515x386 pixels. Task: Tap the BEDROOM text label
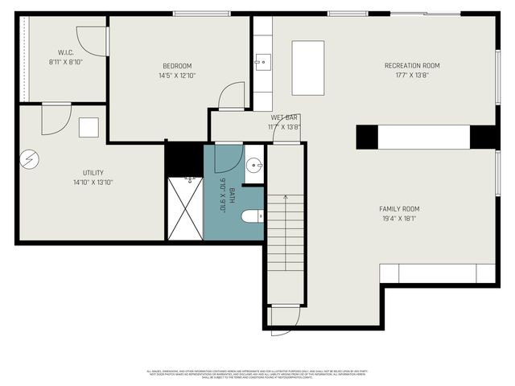[177, 66]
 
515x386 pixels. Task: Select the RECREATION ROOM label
[412, 66]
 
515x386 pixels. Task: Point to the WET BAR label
[284, 117]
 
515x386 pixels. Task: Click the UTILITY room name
[93, 173]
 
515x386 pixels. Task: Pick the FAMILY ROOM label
[399, 209]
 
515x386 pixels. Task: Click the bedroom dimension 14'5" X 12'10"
[177, 76]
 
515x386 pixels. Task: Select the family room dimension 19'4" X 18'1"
[399, 219]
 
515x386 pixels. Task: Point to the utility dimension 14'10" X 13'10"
[93, 183]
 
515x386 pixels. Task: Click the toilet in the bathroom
[253, 216]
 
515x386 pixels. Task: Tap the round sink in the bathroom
[253, 166]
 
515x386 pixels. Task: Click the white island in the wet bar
[307, 68]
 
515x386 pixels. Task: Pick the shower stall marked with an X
[184, 208]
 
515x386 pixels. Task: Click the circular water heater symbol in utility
[29, 159]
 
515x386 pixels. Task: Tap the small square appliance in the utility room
[89, 127]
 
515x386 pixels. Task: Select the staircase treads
[286, 233]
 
